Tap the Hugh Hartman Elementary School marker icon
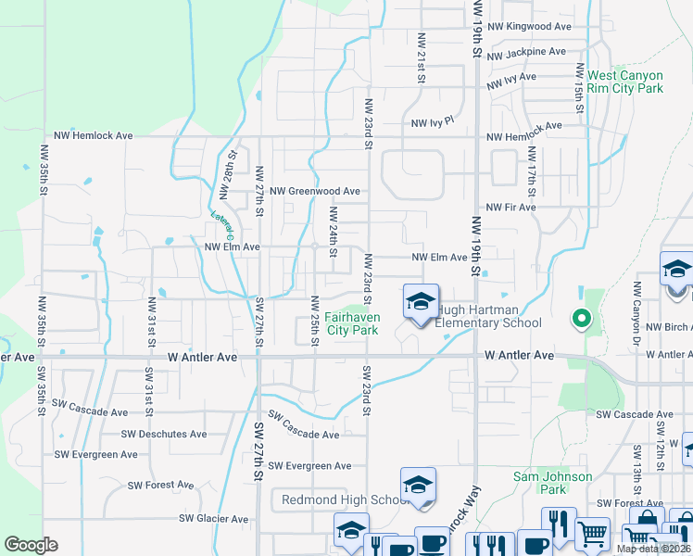(420, 302)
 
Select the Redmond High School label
(345, 500)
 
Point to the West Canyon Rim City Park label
(625, 82)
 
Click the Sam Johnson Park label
(553, 483)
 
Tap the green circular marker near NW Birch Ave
(581, 319)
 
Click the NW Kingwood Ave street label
(529, 27)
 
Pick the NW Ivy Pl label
(433, 122)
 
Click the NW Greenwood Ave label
(314, 191)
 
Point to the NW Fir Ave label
(510, 208)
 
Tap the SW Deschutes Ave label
(164, 434)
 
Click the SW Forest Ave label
(160, 485)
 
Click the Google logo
(31, 545)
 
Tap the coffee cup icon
(430, 542)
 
